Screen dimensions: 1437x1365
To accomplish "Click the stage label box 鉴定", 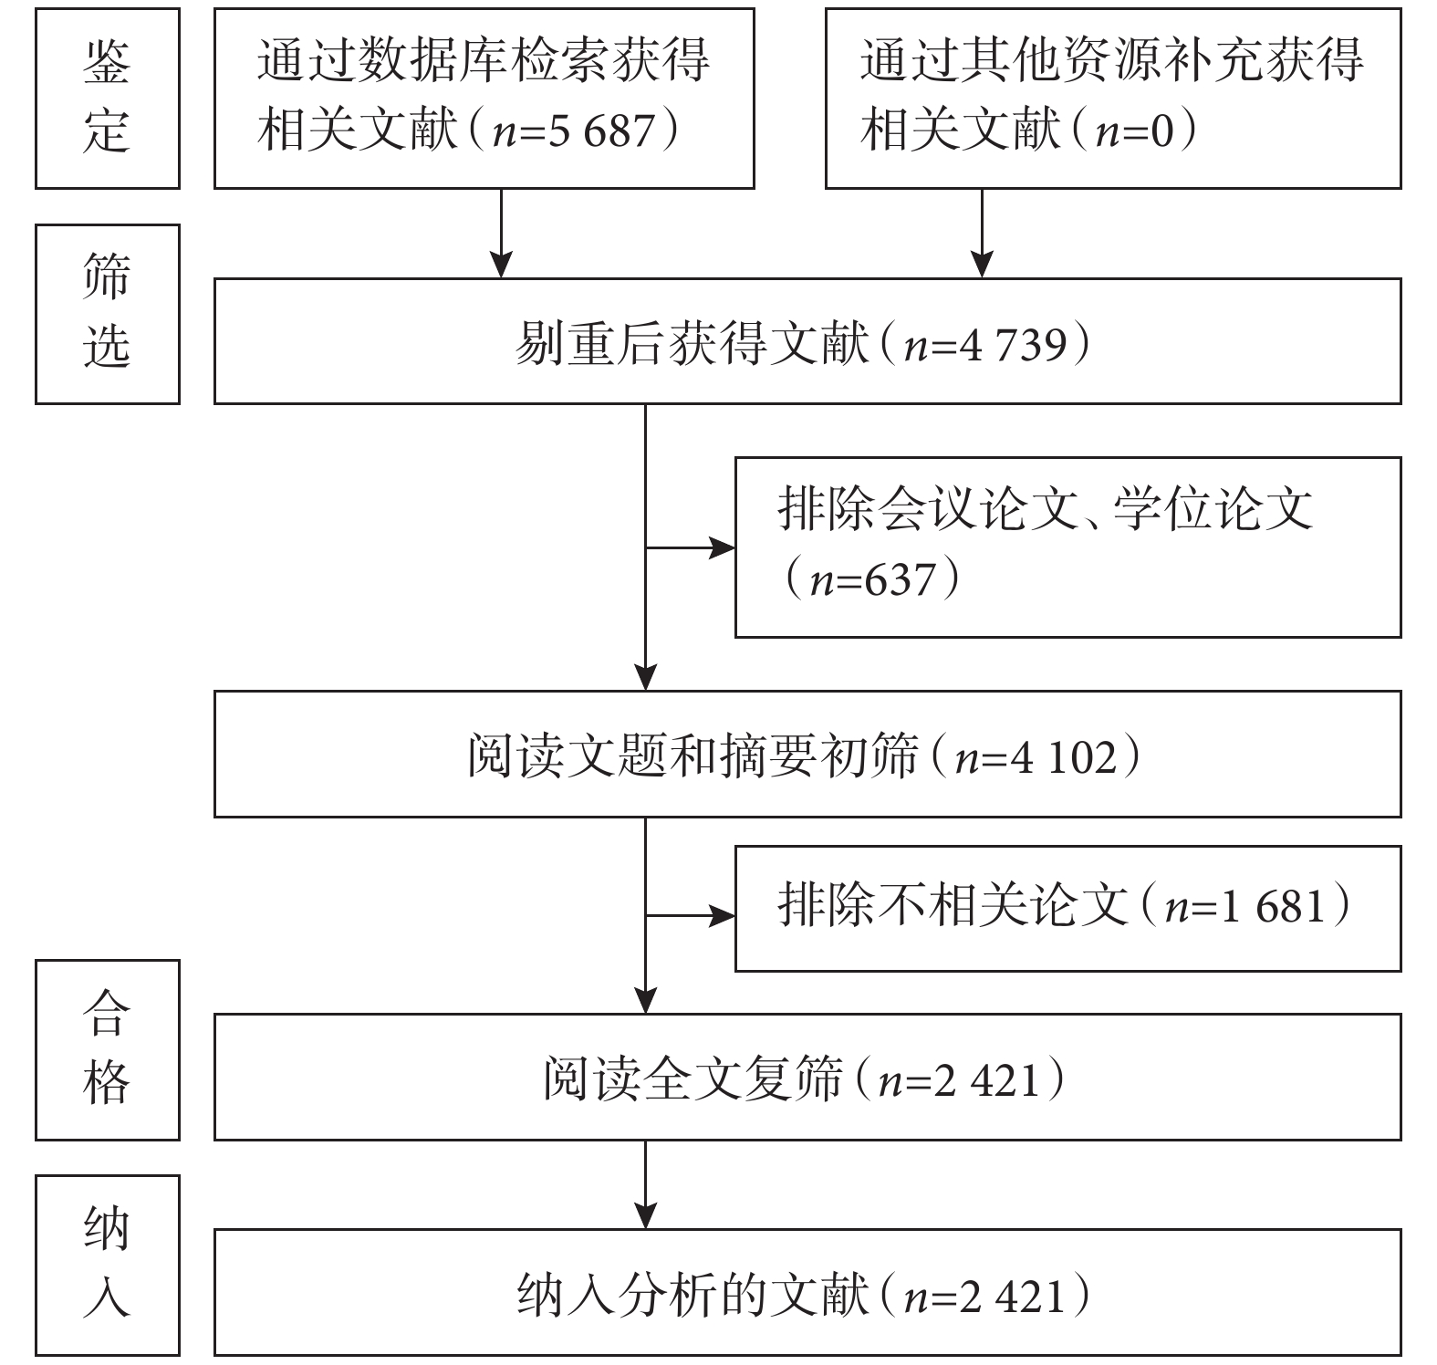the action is [108, 99].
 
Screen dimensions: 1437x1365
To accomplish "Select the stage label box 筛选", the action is [108, 314].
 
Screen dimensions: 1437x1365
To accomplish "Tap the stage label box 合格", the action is [108, 1050].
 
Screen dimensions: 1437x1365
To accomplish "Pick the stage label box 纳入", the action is [108, 1266].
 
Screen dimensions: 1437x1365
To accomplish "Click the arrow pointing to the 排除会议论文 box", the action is [691, 548].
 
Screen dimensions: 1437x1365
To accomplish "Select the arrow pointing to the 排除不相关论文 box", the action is [691, 914].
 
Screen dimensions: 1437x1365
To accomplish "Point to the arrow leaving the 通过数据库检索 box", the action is [501, 234].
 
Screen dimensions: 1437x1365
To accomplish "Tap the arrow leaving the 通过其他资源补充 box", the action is [982, 234].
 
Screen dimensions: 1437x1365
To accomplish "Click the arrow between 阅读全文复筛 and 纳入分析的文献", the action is [646, 1184].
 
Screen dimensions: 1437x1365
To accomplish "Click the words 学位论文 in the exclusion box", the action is [1213, 508].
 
